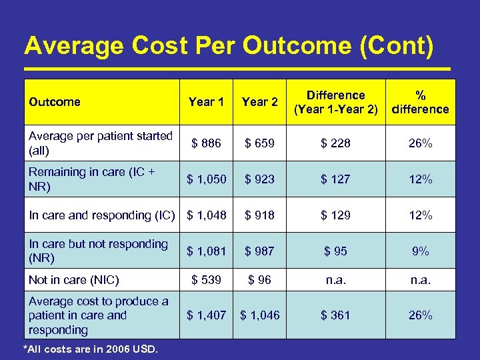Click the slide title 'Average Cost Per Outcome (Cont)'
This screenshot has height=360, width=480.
click(x=229, y=46)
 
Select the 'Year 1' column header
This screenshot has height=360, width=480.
click(x=206, y=102)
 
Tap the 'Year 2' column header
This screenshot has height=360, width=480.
click(x=259, y=102)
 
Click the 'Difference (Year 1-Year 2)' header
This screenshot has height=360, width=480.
click(x=335, y=102)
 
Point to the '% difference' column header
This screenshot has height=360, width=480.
click(x=420, y=102)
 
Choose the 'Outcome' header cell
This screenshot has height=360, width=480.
click(x=55, y=102)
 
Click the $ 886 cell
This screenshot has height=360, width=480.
click(x=206, y=143)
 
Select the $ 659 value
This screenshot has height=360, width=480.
click(x=259, y=143)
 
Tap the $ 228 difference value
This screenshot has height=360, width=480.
click(x=335, y=143)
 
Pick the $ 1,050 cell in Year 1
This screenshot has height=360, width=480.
click(x=206, y=179)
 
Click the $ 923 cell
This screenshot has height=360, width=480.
click(x=259, y=179)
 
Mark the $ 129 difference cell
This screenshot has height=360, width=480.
click(x=335, y=215)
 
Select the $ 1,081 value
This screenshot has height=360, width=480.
click(x=206, y=251)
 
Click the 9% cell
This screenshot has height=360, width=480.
click(x=420, y=251)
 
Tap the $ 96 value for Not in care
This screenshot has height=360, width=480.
click(x=259, y=280)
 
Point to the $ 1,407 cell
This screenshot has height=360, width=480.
click(x=206, y=315)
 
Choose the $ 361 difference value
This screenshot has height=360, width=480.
click(x=335, y=315)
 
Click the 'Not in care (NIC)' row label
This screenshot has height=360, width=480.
click(x=74, y=280)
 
